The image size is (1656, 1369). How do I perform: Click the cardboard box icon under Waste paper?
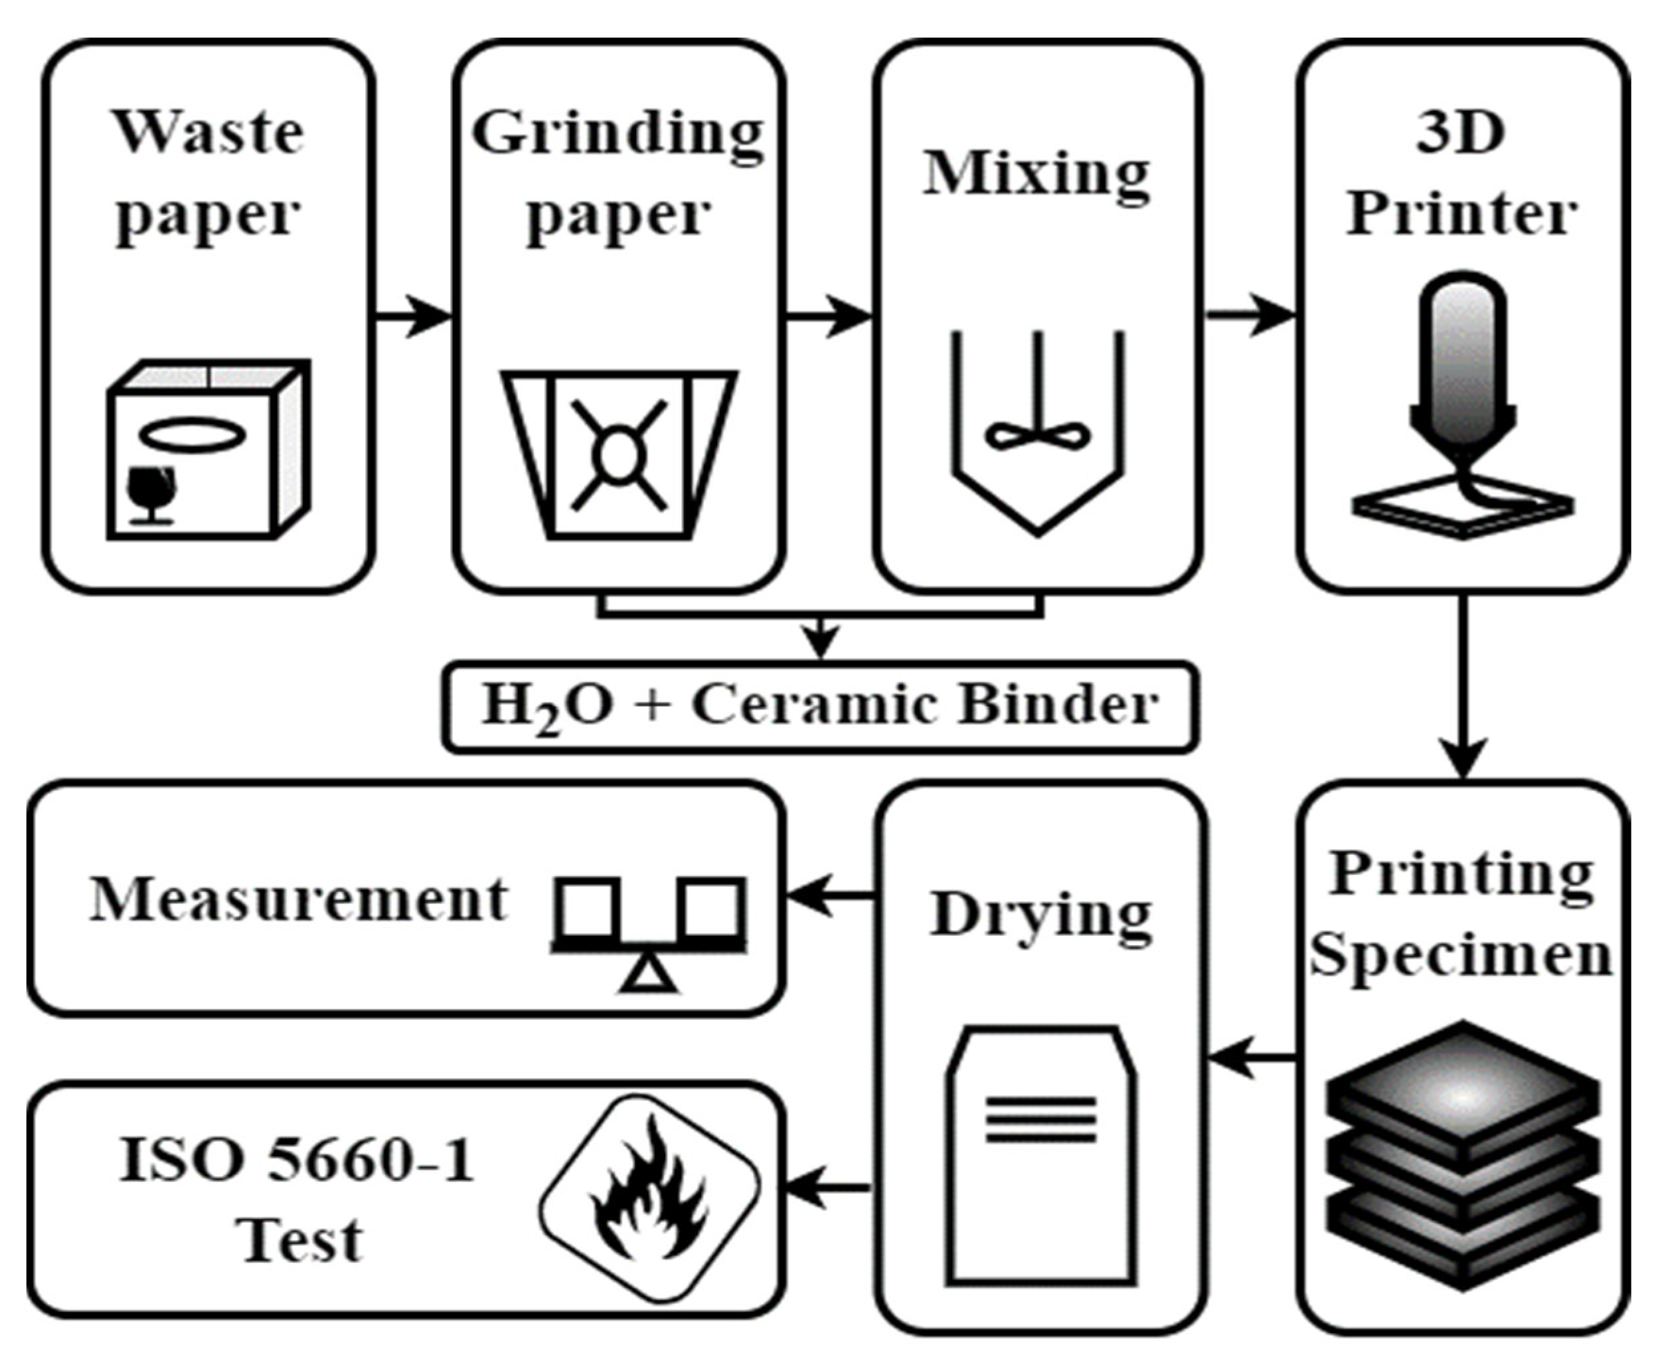click(x=209, y=450)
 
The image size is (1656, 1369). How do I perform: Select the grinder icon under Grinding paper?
click(x=620, y=455)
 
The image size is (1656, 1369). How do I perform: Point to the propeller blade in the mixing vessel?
click(x=1037, y=434)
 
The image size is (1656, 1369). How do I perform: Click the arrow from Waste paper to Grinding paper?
click(x=413, y=316)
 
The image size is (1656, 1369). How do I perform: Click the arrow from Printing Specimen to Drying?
click(x=1252, y=1057)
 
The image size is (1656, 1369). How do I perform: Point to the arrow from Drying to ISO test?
click(x=827, y=1187)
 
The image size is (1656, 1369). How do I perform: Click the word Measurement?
click(x=299, y=899)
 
